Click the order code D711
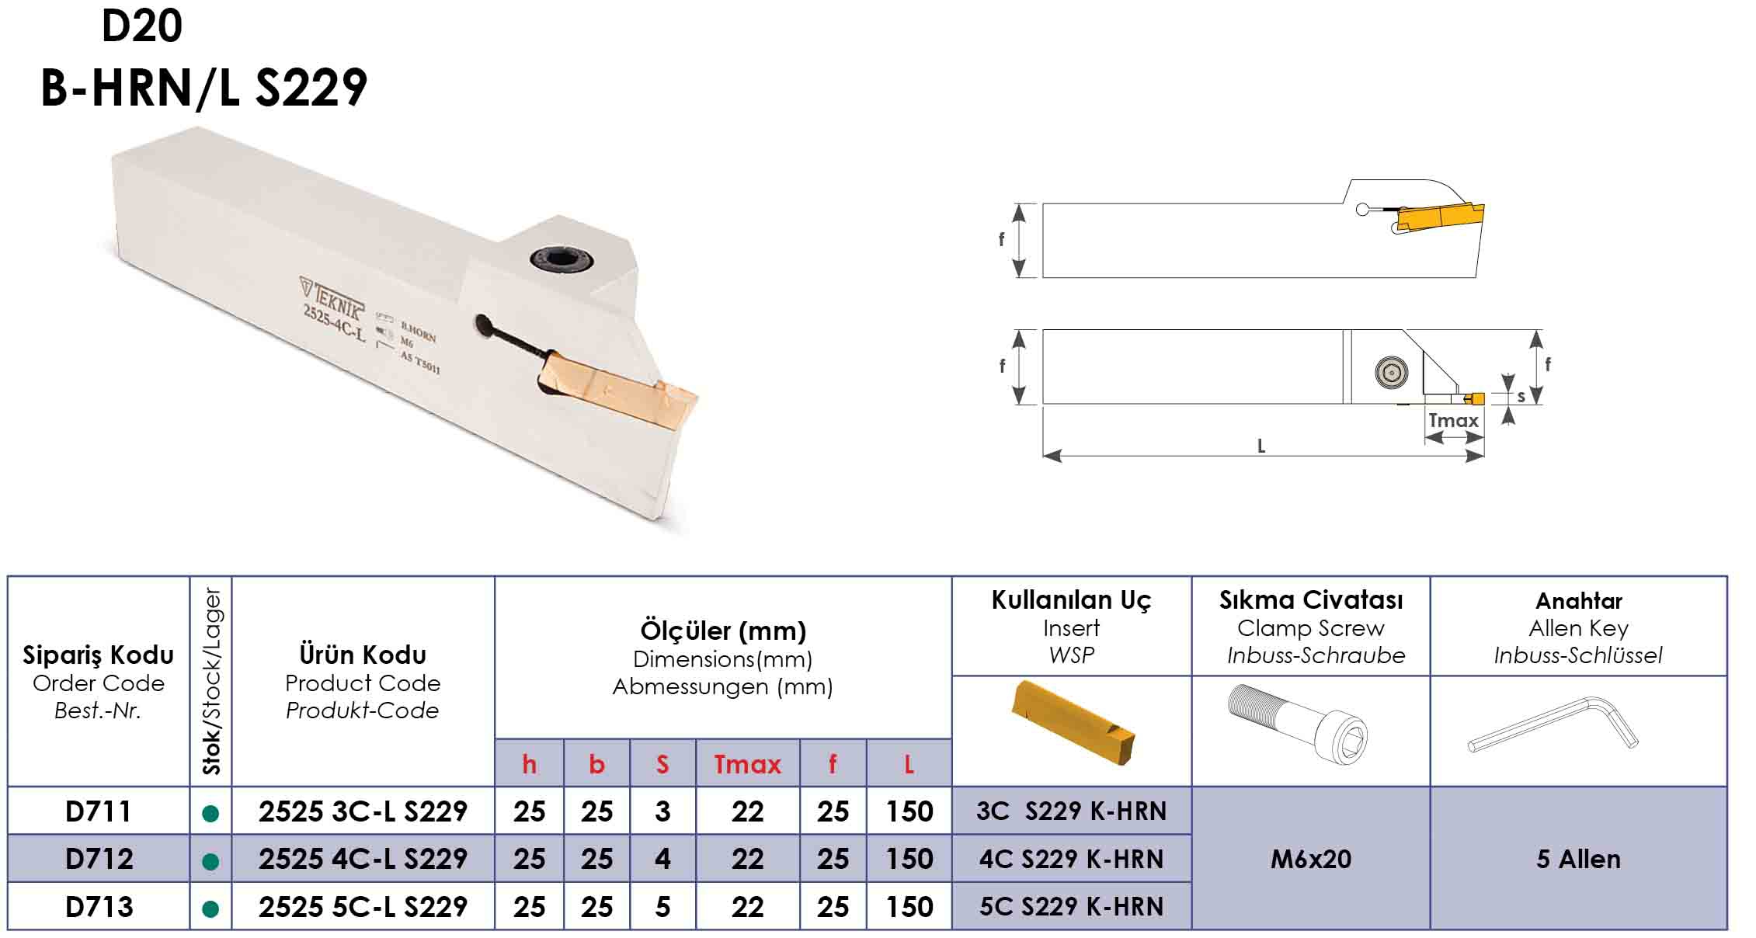(99, 811)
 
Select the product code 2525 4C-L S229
(363, 859)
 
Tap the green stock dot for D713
(210, 908)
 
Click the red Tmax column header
(747, 764)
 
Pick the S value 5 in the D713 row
(662, 907)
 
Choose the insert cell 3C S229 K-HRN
(1071, 811)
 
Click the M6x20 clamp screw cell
(1311, 859)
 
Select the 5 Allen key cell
(1578, 859)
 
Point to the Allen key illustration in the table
(1553, 724)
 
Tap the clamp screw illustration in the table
(1298, 723)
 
